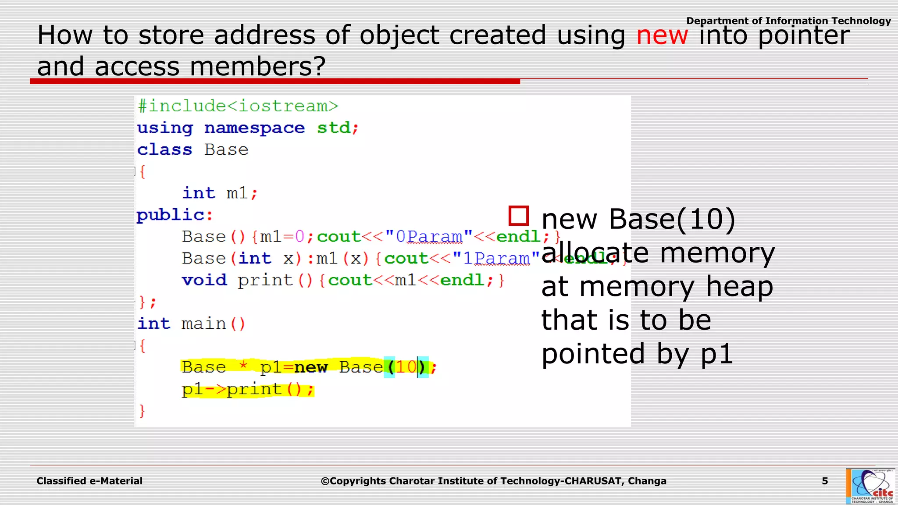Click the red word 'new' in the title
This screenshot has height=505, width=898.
[662, 36]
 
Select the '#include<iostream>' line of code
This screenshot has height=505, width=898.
[238, 106]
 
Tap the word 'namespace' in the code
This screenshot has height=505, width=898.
[254, 128]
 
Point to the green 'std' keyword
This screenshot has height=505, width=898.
[334, 128]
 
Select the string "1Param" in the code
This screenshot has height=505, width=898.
[496, 259]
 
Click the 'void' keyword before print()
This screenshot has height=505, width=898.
[204, 280]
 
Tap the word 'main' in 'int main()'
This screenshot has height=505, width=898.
[203, 324]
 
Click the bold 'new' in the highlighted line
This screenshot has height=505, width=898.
[310, 367]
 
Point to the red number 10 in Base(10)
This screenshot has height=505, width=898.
[406, 367]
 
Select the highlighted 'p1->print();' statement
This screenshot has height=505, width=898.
[248, 389]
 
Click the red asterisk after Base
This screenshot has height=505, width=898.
[243, 365]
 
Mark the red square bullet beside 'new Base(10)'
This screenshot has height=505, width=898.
[518, 216]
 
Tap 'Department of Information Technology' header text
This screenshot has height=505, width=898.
[788, 21]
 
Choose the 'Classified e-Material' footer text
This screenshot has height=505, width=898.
[89, 481]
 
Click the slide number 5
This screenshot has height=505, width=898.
[825, 481]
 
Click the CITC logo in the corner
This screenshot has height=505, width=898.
[870, 486]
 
